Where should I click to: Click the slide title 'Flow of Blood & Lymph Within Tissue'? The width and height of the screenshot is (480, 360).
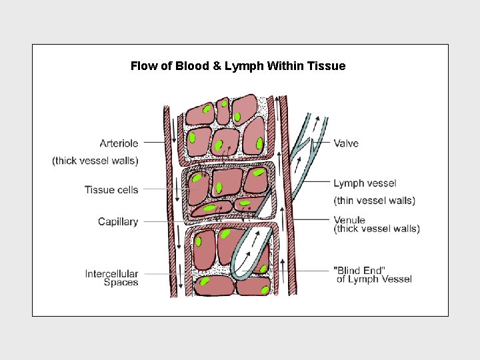coord(238,66)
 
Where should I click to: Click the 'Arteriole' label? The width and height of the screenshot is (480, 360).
coord(119,143)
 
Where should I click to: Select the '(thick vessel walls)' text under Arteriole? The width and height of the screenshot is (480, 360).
coord(95,161)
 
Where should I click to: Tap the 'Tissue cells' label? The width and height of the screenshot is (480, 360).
coord(111,190)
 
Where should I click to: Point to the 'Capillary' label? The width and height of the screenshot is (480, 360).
coord(118,222)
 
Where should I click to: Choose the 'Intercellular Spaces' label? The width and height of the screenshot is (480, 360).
coord(111,278)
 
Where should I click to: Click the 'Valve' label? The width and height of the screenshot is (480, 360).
coord(346,143)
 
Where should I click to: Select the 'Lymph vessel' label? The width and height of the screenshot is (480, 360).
coord(365,183)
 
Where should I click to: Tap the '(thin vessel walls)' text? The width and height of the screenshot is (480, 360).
coord(374,201)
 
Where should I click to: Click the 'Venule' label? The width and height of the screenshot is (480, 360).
coord(349,220)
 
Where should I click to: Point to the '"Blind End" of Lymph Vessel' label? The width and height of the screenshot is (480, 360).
coord(372,275)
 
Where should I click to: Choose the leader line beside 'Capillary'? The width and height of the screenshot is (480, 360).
coord(173,221)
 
